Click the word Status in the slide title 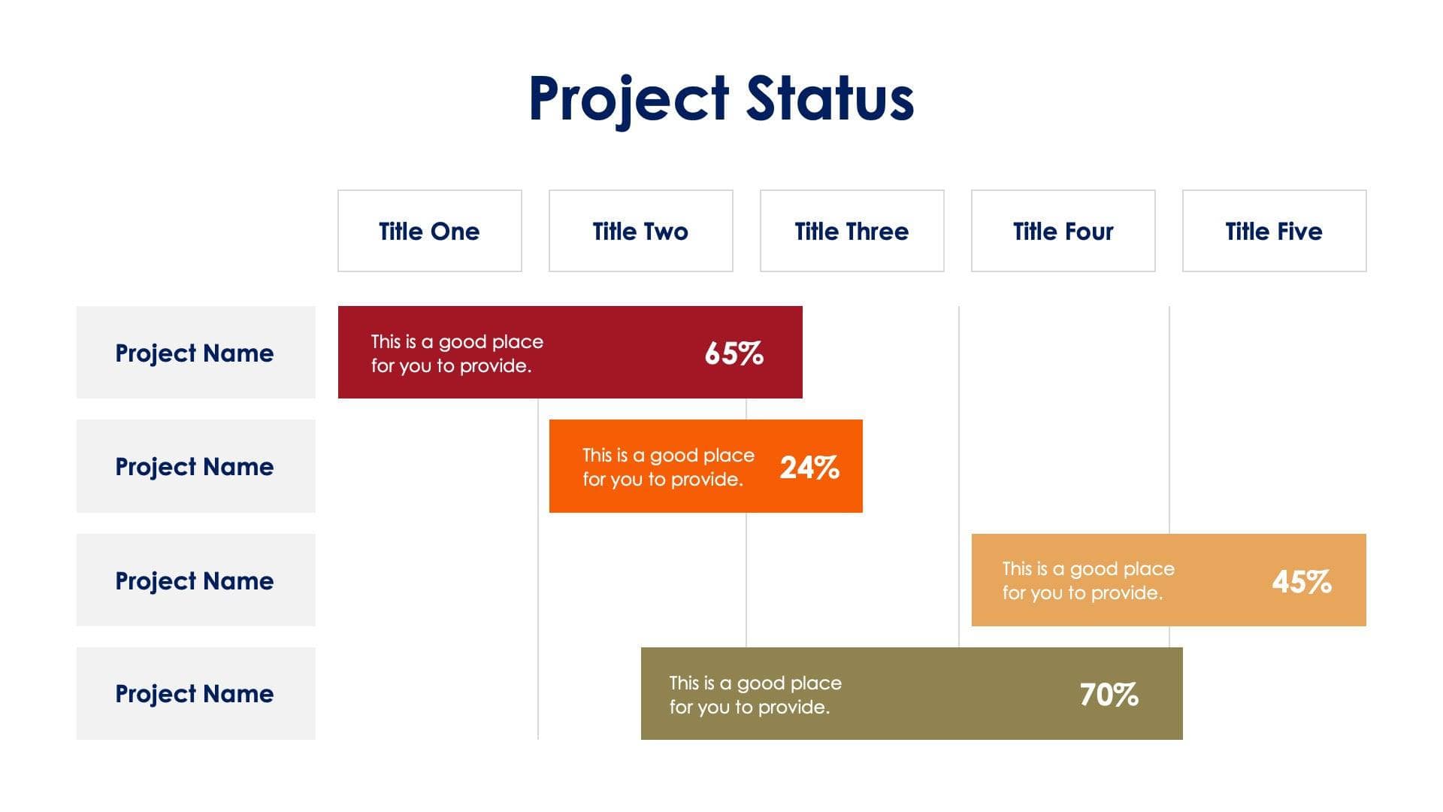pos(830,98)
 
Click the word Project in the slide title pos(628,98)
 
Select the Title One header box pos(429,231)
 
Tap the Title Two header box pos(640,231)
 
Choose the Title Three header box pos(852,231)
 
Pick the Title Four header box pos(1063,231)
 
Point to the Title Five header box pos(1274,231)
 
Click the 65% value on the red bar pos(734,353)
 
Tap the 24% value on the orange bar pos(809,468)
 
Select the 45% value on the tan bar pos(1302,581)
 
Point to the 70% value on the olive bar pos(1109,695)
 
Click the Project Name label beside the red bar pos(195,353)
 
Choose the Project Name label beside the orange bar pos(195,466)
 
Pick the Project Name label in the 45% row pos(195,580)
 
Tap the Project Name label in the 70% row pos(195,693)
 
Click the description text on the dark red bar pos(456,353)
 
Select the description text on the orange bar pos(668,467)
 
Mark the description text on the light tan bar pos(1088,580)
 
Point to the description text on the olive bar pos(755,695)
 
